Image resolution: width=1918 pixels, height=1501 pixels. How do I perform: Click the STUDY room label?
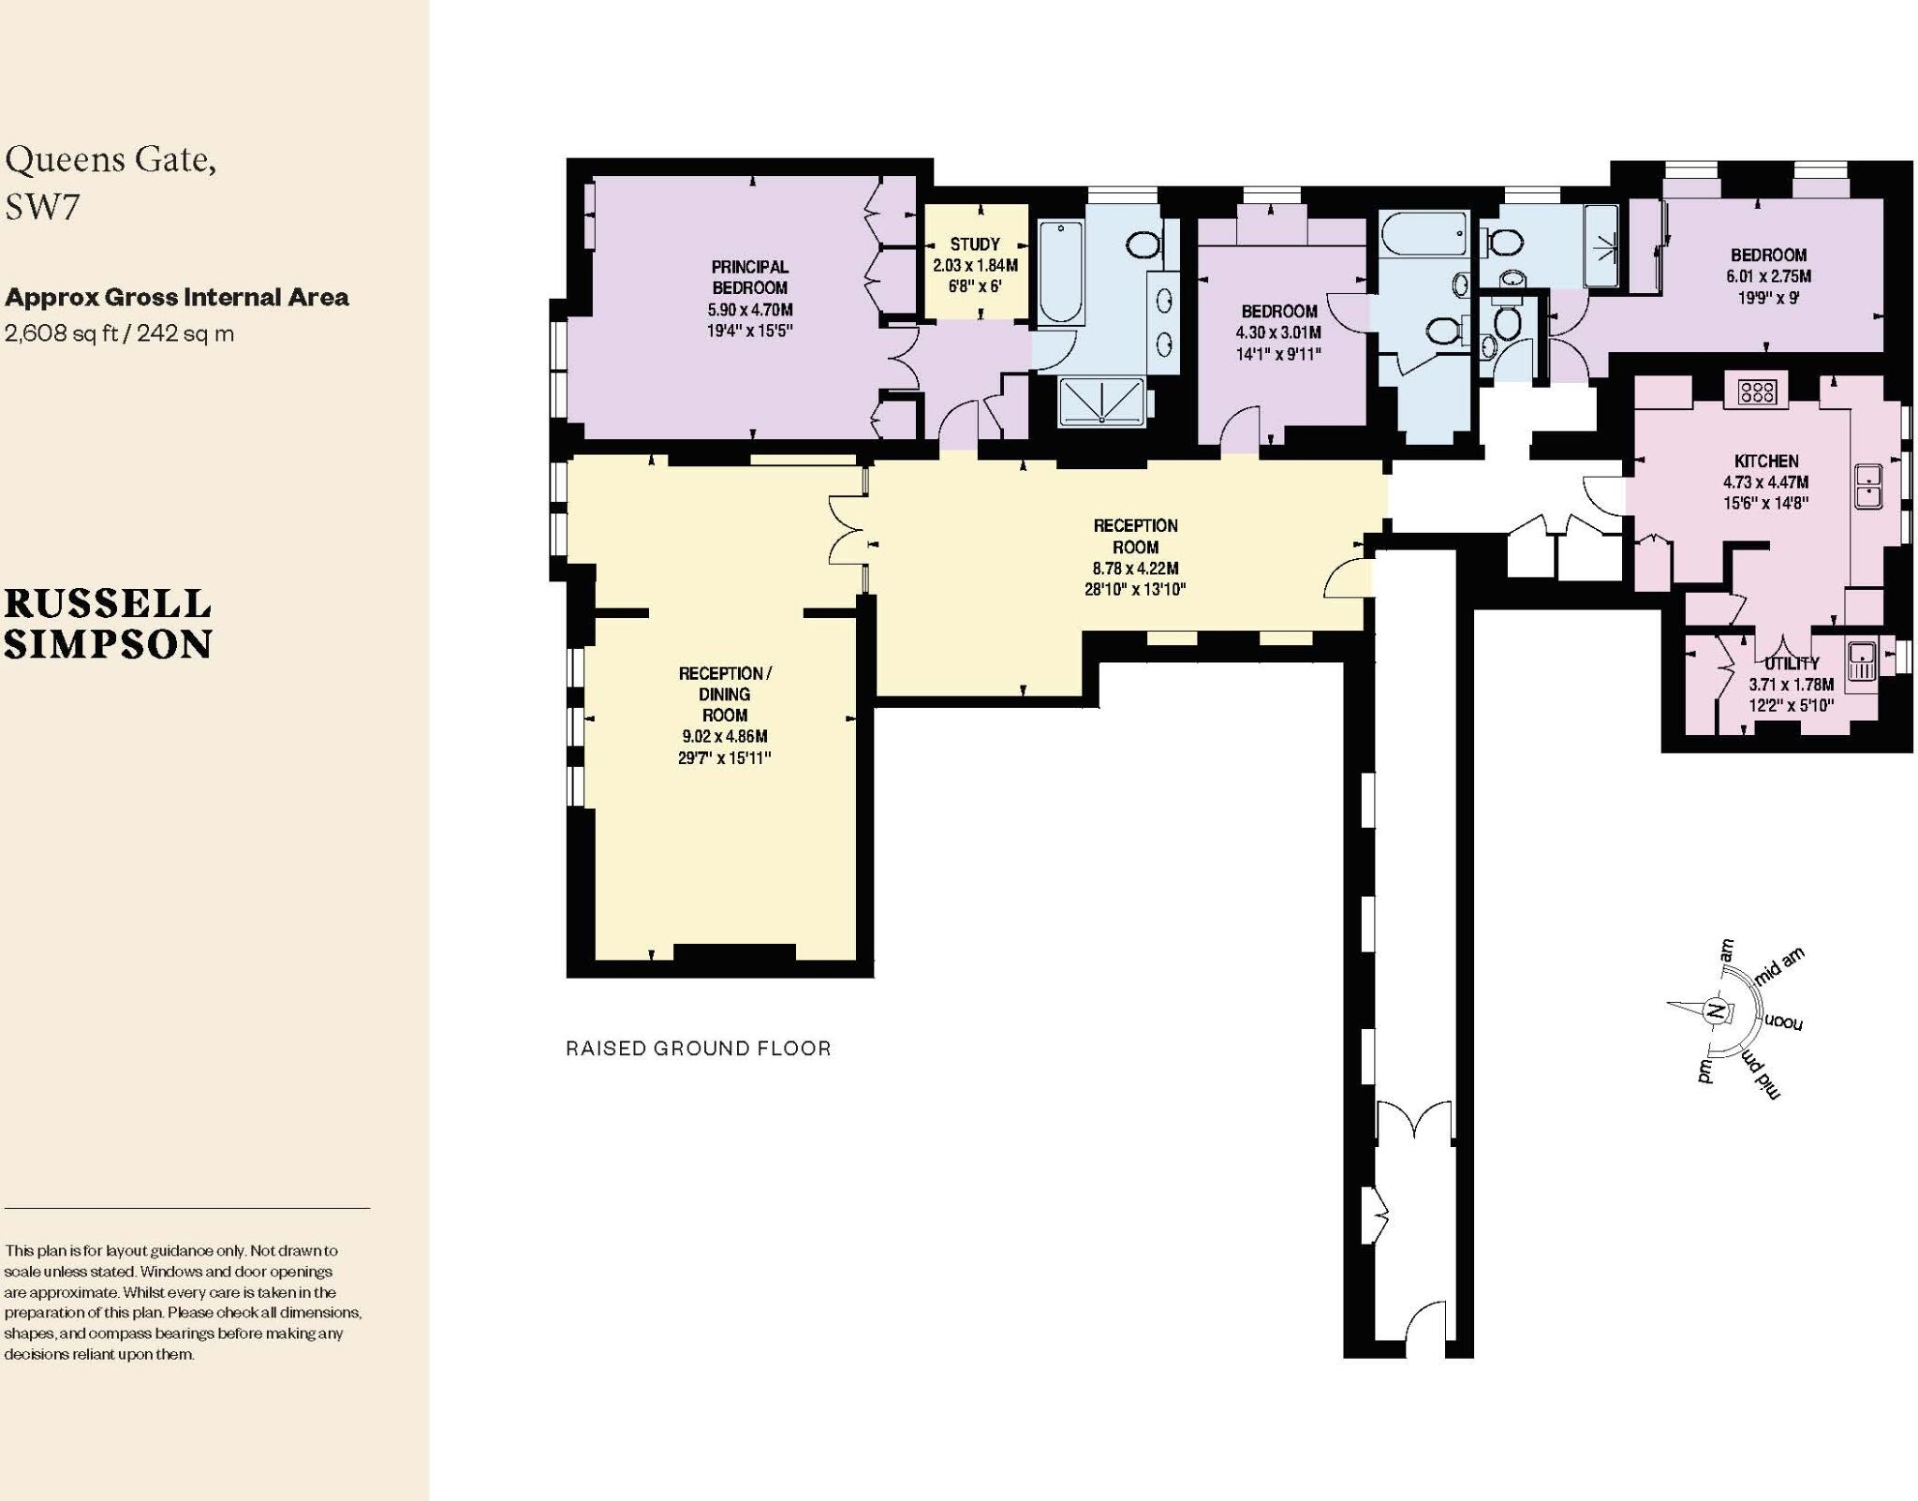tap(975, 244)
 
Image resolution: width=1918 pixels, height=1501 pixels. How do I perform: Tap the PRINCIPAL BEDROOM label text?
tap(749, 277)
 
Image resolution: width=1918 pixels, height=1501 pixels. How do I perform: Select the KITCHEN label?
tap(1766, 461)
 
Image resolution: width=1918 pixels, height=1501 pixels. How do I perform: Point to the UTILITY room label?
tap(1792, 663)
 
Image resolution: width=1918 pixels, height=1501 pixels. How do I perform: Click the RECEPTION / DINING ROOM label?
tap(725, 694)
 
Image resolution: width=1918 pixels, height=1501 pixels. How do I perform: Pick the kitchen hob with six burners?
tap(1756, 390)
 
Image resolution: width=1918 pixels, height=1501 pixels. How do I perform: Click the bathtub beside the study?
tap(1060, 272)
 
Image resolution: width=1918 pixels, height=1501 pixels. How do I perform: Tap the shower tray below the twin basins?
tap(1101, 402)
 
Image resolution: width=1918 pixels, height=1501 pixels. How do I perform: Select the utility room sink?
tap(1861, 661)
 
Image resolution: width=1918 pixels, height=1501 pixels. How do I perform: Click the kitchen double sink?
tap(1868, 486)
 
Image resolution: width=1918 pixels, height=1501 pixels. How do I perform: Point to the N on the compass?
tap(1716, 1011)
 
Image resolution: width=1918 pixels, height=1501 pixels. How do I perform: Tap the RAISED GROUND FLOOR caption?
tap(699, 1048)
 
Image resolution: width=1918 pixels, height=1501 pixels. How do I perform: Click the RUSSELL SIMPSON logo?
tap(109, 625)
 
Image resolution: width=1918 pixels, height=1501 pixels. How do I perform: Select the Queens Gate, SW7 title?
tap(111, 183)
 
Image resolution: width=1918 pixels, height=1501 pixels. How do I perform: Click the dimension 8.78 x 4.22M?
tap(1135, 568)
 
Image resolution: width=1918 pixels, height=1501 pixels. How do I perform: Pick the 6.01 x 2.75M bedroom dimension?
tap(1768, 276)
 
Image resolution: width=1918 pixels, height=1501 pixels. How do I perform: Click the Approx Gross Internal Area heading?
tap(177, 298)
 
